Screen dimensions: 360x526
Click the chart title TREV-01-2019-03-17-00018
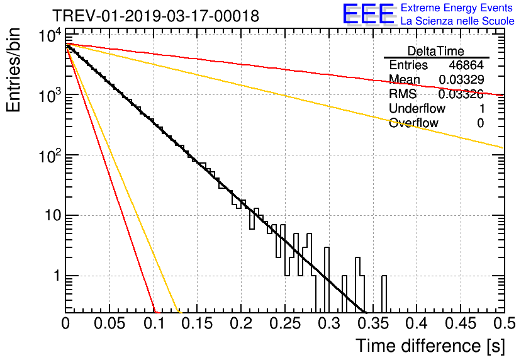[x=155, y=16]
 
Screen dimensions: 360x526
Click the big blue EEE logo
[x=368, y=14]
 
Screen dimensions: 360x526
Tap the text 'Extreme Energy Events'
[x=457, y=8]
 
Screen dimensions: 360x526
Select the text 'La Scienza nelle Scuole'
[x=457, y=21]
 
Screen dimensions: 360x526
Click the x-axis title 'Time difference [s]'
[x=430, y=346]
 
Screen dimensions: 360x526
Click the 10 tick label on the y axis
[x=49, y=216]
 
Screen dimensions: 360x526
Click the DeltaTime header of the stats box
[x=436, y=51]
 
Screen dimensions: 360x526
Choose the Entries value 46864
[x=466, y=65]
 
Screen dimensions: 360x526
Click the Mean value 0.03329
[x=461, y=79]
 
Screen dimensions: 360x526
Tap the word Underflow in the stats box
[x=417, y=108]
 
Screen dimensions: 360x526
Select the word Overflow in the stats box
[x=413, y=123]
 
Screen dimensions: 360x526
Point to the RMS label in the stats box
[x=403, y=94]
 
